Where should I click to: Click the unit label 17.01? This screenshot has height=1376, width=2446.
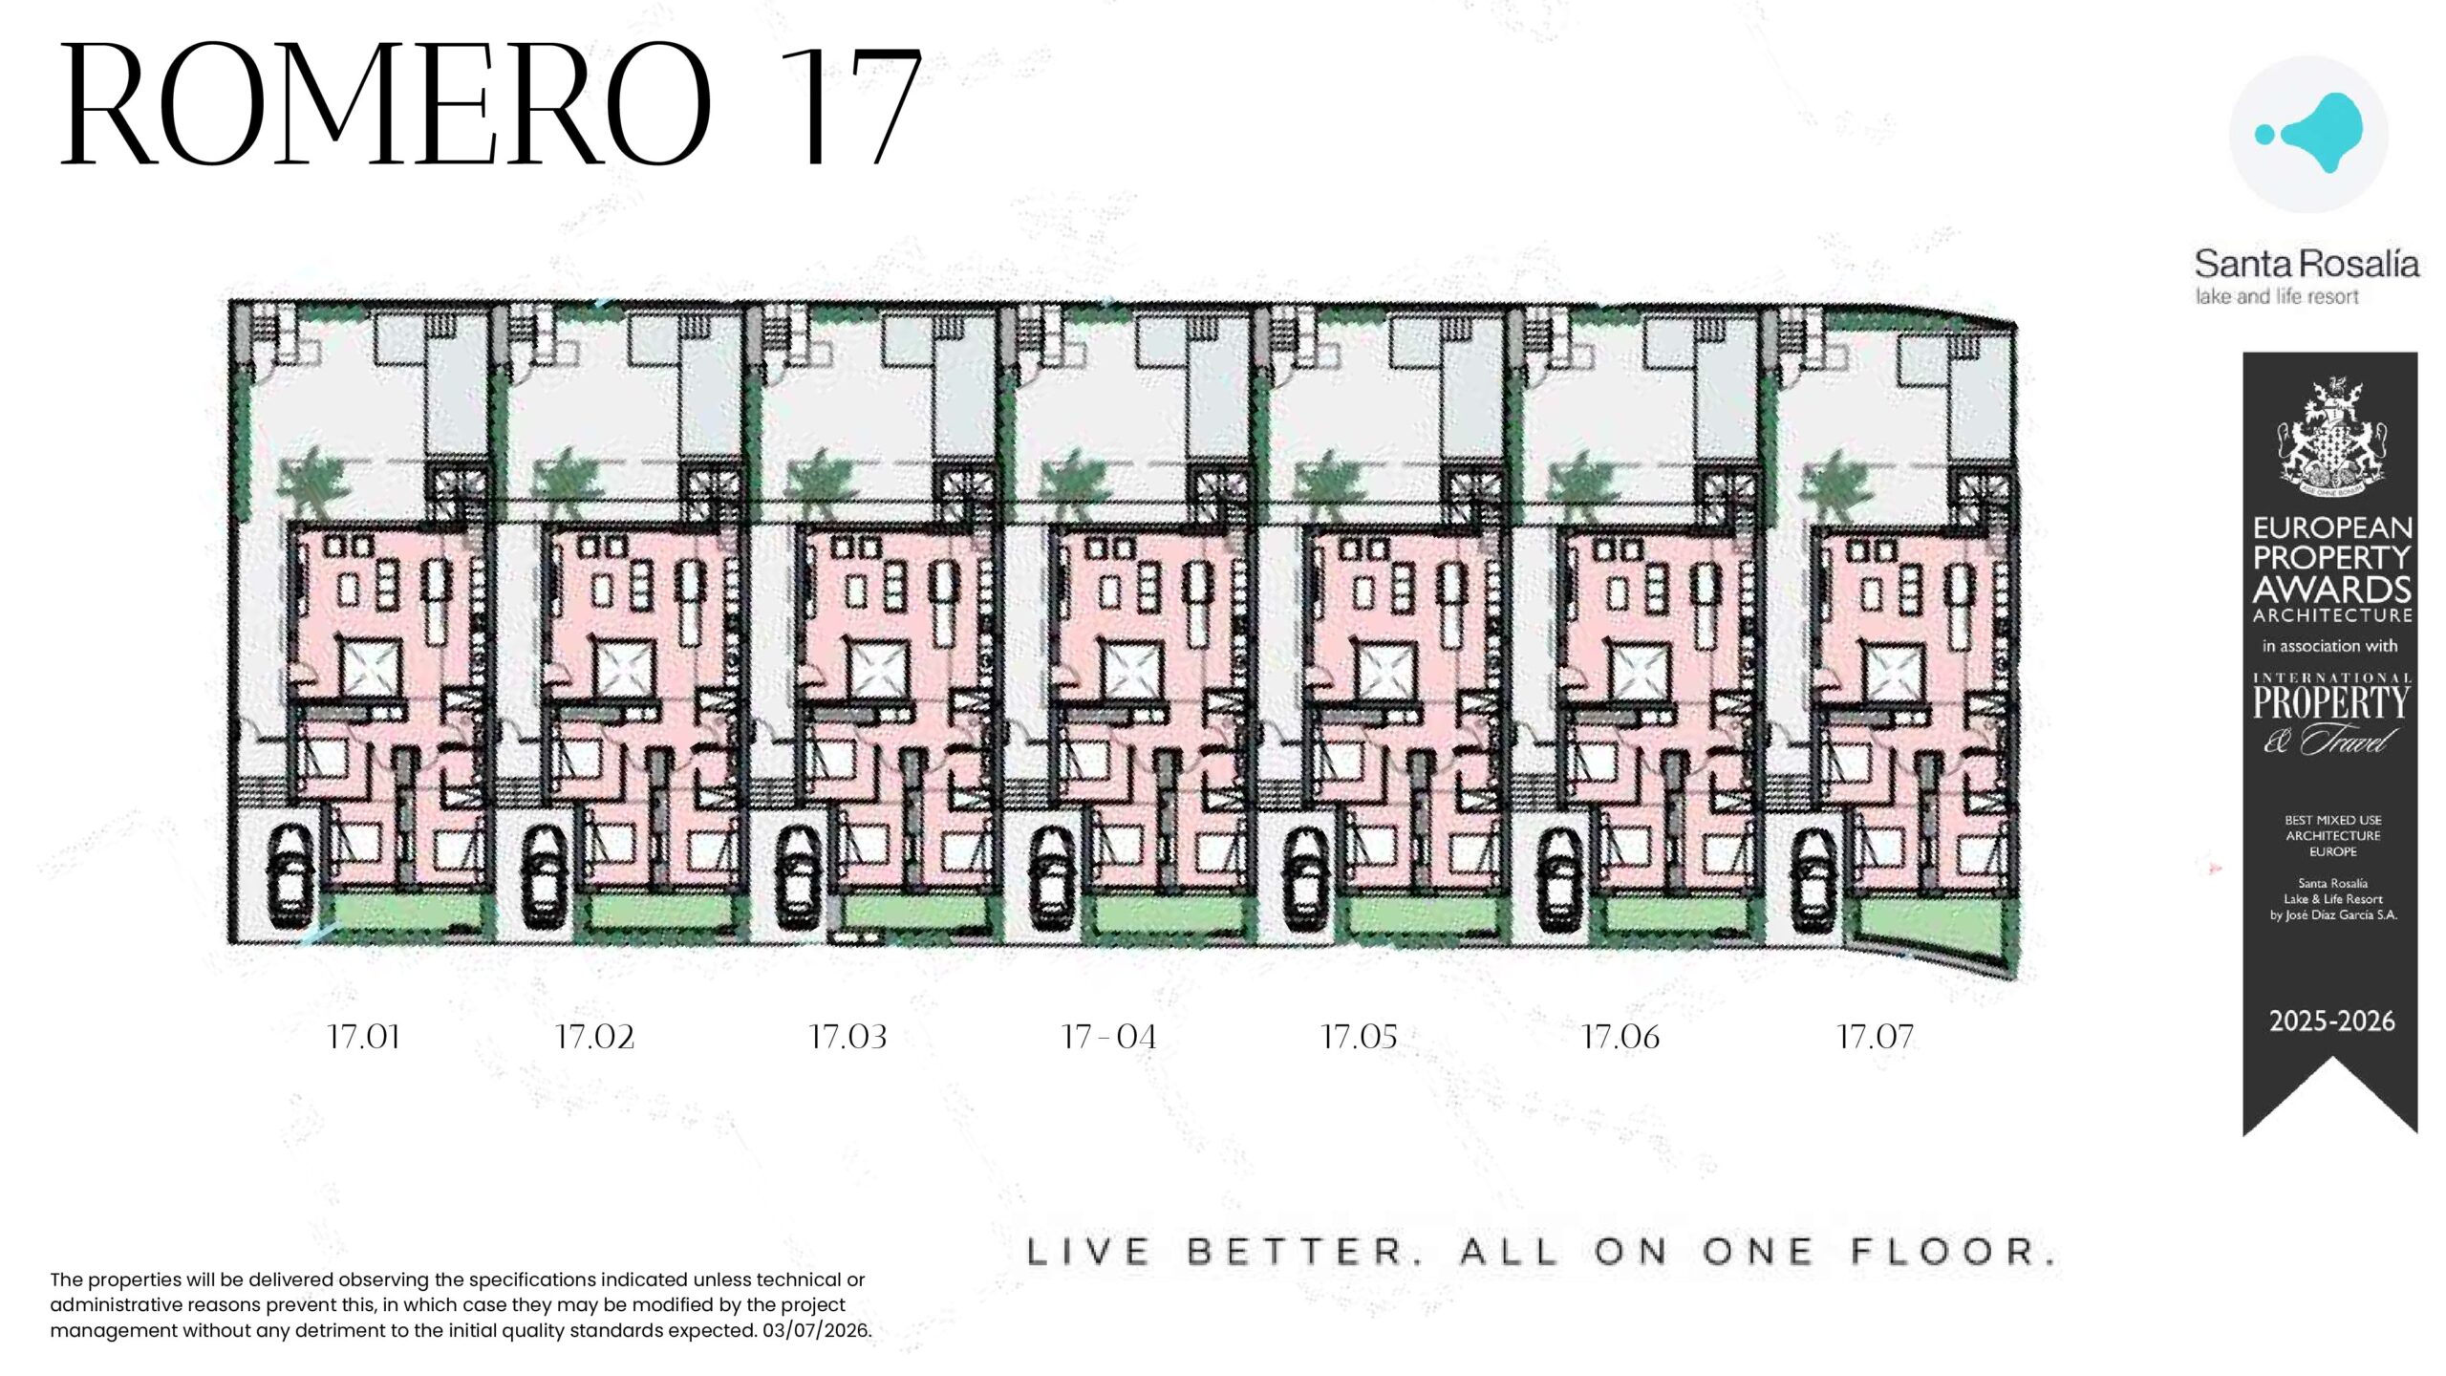pos(363,1037)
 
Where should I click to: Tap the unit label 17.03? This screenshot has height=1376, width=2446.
pos(848,1037)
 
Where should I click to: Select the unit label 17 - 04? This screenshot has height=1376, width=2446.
pos(1108,1037)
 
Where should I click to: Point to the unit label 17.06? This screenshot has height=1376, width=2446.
pos(1620,1037)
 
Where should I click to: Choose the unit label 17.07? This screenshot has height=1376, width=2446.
pos(1875,1037)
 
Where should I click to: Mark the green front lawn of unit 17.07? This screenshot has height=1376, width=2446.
pos(1927,921)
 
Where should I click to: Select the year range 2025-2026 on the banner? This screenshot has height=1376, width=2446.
pos(2332,1021)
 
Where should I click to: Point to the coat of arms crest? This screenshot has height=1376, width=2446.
pos(2331,438)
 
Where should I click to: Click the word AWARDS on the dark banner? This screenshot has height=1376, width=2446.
pos(2332,589)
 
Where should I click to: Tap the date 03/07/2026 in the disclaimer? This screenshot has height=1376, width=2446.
pos(817,1330)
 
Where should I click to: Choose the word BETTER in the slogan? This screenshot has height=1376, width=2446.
pos(1305,1252)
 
